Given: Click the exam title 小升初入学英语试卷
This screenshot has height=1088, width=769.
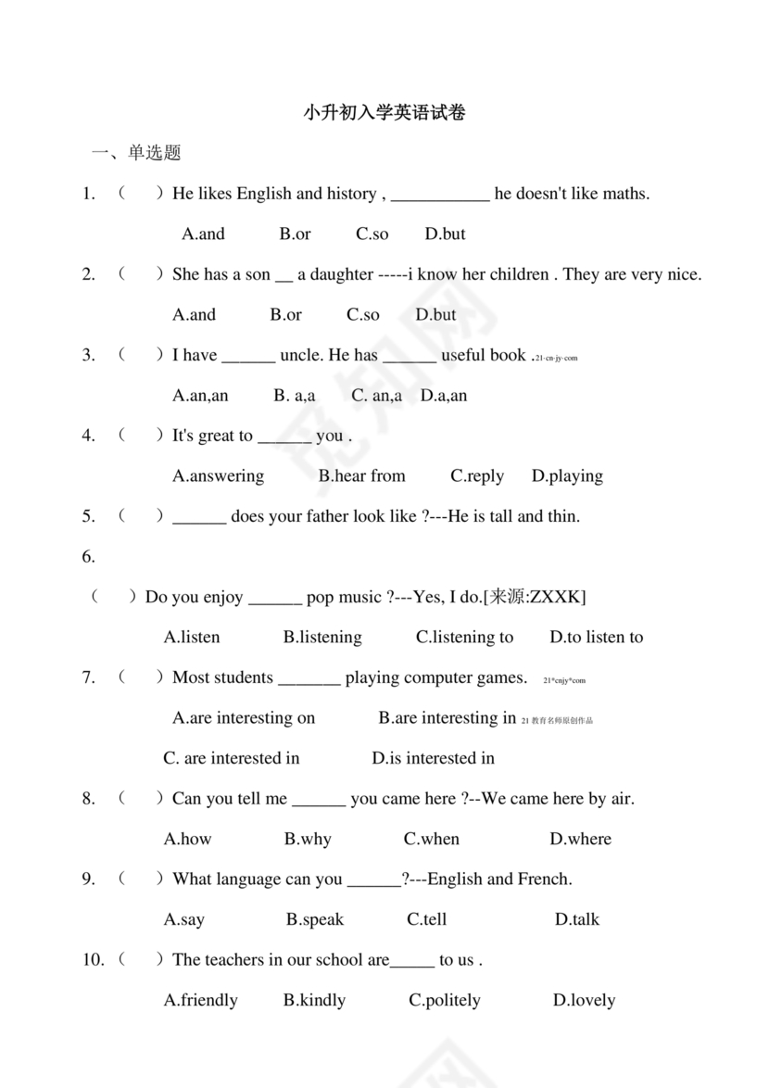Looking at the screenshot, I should [384, 113].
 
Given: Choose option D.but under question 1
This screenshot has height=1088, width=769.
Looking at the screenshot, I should [445, 234].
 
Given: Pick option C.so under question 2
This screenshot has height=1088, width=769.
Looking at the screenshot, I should [363, 314].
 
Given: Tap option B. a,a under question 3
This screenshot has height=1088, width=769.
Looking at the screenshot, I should [295, 395].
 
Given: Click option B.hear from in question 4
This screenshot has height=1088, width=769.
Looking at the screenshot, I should [362, 475].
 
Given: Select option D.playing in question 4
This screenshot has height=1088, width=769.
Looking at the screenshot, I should [567, 475].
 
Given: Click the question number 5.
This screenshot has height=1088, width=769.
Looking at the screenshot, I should [89, 516].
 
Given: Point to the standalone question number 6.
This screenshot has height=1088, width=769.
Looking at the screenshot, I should [89, 556].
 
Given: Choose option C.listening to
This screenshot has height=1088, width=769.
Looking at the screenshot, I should [464, 637].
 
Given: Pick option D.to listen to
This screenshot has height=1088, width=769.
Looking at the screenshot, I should [596, 637].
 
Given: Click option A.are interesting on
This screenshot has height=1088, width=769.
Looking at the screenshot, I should [244, 717].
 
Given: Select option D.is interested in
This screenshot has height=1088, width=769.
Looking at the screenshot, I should [434, 758].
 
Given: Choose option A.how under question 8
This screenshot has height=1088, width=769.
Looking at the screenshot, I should [187, 839].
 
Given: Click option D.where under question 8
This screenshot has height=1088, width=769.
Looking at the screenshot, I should [580, 839].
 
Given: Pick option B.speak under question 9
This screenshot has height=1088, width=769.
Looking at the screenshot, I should [315, 919].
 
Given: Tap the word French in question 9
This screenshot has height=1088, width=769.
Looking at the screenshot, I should [543, 879].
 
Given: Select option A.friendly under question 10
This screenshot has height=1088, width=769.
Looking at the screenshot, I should [200, 1000].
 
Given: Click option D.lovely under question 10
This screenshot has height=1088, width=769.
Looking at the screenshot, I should [584, 1000].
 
